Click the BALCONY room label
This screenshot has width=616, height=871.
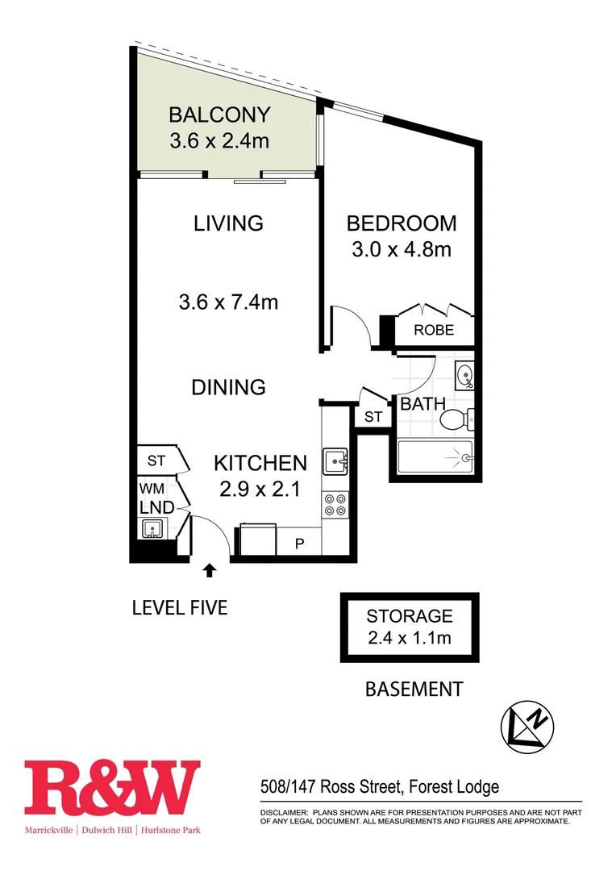tap(219, 115)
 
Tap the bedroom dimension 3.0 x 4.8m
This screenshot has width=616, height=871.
tap(401, 249)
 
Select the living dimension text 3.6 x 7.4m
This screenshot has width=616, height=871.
tap(228, 302)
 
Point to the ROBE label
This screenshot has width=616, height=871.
tap(434, 330)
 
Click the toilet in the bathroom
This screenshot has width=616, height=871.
tap(457, 419)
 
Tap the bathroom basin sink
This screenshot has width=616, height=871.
tap(464, 375)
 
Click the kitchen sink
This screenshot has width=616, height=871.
tap(335, 462)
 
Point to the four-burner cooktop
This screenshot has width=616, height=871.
tap(335, 505)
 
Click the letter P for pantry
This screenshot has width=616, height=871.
tap(299, 543)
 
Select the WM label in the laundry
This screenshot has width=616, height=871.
tap(152, 490)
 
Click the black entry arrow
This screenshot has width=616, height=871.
tap(210, 571)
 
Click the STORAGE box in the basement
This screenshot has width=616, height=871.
tap(410, 627)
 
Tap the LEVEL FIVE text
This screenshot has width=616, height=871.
tap(180, 607)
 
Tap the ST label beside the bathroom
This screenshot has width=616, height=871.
tap(373, 417)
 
